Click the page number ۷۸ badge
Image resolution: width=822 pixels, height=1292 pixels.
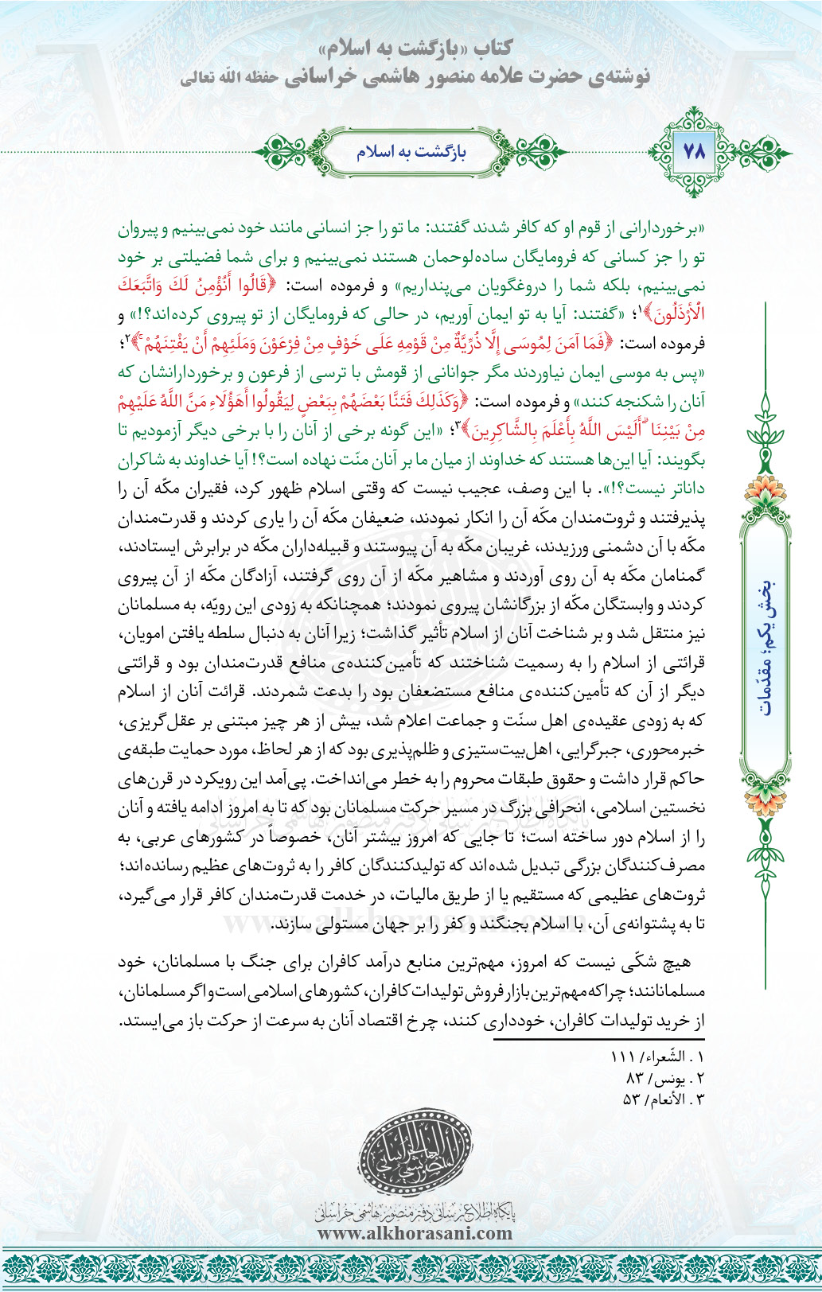695,151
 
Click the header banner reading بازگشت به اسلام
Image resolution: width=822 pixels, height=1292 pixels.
411,151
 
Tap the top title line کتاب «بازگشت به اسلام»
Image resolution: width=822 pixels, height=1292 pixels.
413,49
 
